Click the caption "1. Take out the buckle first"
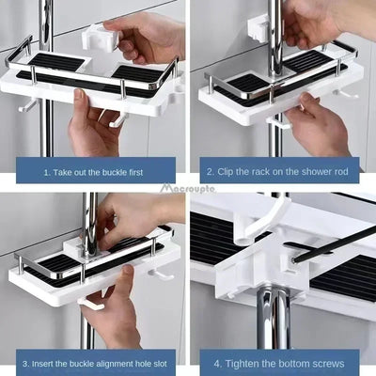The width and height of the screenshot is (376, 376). click(95, 173)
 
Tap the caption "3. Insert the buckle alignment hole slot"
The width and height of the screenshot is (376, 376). click(95, 362)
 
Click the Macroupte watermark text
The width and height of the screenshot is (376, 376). click(188, 189)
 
